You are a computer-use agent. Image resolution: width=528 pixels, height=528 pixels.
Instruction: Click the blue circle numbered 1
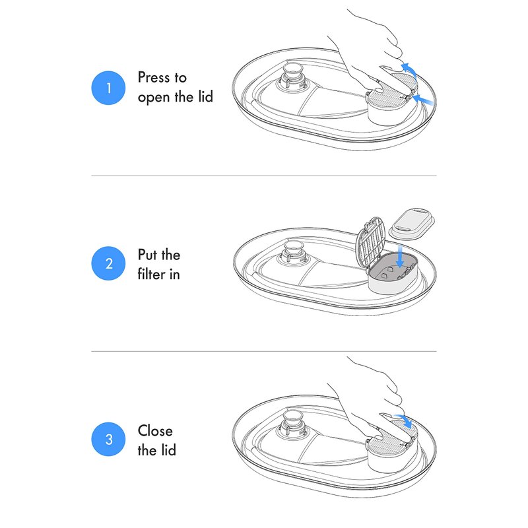tap(108, 88)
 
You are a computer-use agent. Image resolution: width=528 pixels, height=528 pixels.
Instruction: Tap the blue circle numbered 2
tap(108, 263)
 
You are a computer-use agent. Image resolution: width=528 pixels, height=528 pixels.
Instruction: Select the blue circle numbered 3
tap(108, 439)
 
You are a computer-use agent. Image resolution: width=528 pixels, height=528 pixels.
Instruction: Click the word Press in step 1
tap(154, 77)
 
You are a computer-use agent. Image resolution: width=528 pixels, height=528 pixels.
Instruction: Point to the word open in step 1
tap(154, 98)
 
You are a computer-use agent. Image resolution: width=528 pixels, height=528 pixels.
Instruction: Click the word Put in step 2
tap(147, 255)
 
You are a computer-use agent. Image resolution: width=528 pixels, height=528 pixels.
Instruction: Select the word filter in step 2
tap(151, 274)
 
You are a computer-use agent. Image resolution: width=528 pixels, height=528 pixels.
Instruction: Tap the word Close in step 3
tap(155, 431)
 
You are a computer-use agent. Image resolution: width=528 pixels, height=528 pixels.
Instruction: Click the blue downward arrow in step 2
tap(400, 256)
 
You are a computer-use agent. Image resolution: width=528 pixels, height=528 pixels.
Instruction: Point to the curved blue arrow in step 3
tap(404, 420)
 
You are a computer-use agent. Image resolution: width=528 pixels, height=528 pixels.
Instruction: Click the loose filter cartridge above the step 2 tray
tap(412, 222)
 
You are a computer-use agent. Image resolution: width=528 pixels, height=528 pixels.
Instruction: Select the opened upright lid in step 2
tap(370, 242)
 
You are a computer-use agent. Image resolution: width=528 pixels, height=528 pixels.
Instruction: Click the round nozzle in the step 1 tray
tap(290, 76)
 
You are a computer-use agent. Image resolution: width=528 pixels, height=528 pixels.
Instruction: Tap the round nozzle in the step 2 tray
tap(291, 253)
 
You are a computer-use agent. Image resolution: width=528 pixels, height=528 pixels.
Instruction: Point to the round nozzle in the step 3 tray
tap(290, 422)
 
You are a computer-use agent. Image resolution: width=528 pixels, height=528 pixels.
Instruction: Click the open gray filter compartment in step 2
tap(393, 272)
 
